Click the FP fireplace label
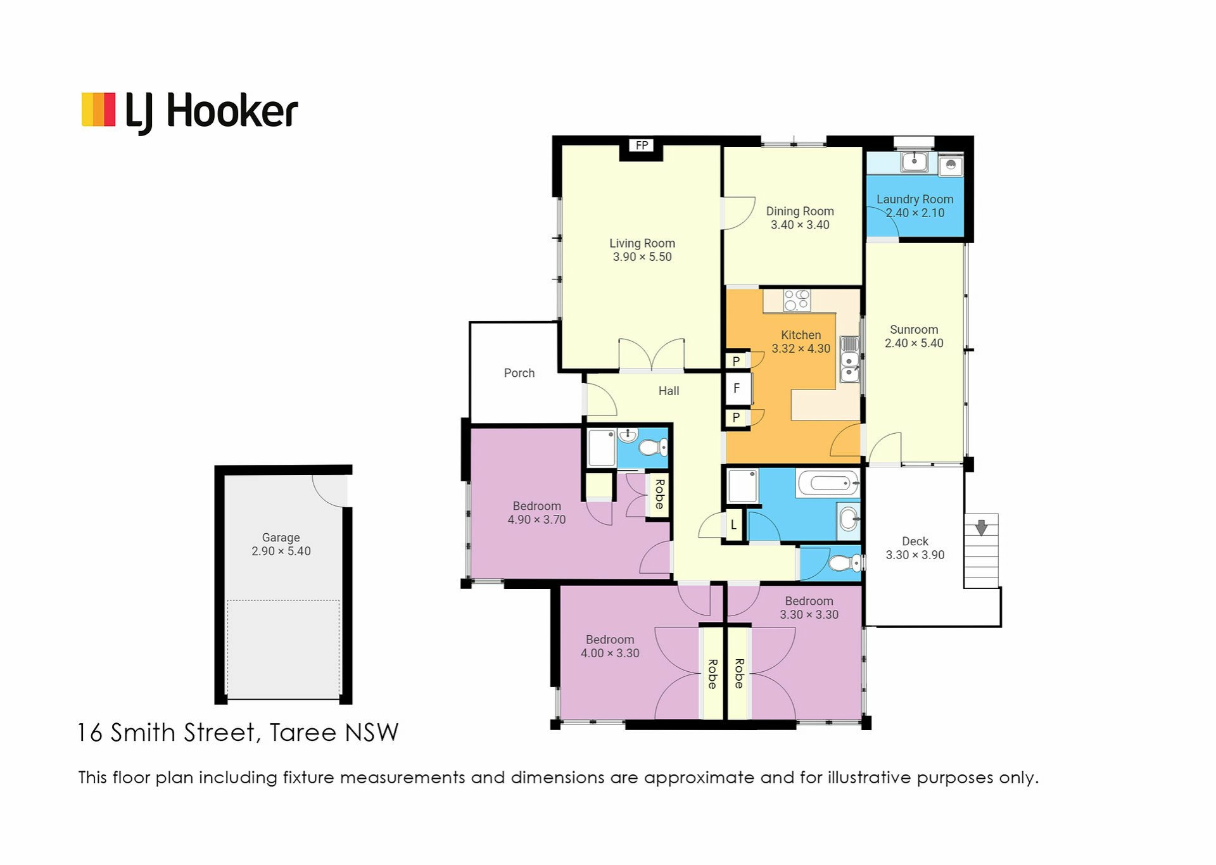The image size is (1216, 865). point(642,146)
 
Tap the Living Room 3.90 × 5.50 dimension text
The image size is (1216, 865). point(642,257)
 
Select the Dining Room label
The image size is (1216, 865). point(799,212)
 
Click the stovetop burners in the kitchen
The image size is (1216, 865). point(797,300)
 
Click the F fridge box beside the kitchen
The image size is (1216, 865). point(737,388)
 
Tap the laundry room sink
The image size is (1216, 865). point(914,161)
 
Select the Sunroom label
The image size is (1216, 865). point(913,330)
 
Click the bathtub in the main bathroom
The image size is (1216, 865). point(828,484)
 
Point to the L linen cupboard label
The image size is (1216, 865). point(733,525)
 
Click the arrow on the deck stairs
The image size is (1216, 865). point(981,527)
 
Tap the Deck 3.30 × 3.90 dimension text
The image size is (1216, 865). point(915,555)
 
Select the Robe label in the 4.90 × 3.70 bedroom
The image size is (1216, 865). point(659,495)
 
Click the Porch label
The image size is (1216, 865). point(519,374)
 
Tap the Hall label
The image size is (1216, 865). point(668,391)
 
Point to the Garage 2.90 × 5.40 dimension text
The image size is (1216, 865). point(281,552)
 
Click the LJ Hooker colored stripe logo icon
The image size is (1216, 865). point(98,110)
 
